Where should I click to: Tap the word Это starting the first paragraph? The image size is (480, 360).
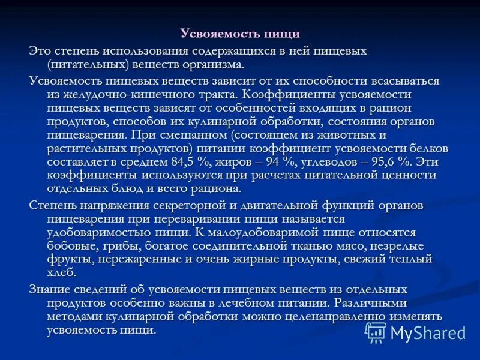(x=40, y=51)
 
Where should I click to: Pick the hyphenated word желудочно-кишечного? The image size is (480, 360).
(x=113, y=94)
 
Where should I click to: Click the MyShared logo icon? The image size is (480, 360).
(x=376, y=332)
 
